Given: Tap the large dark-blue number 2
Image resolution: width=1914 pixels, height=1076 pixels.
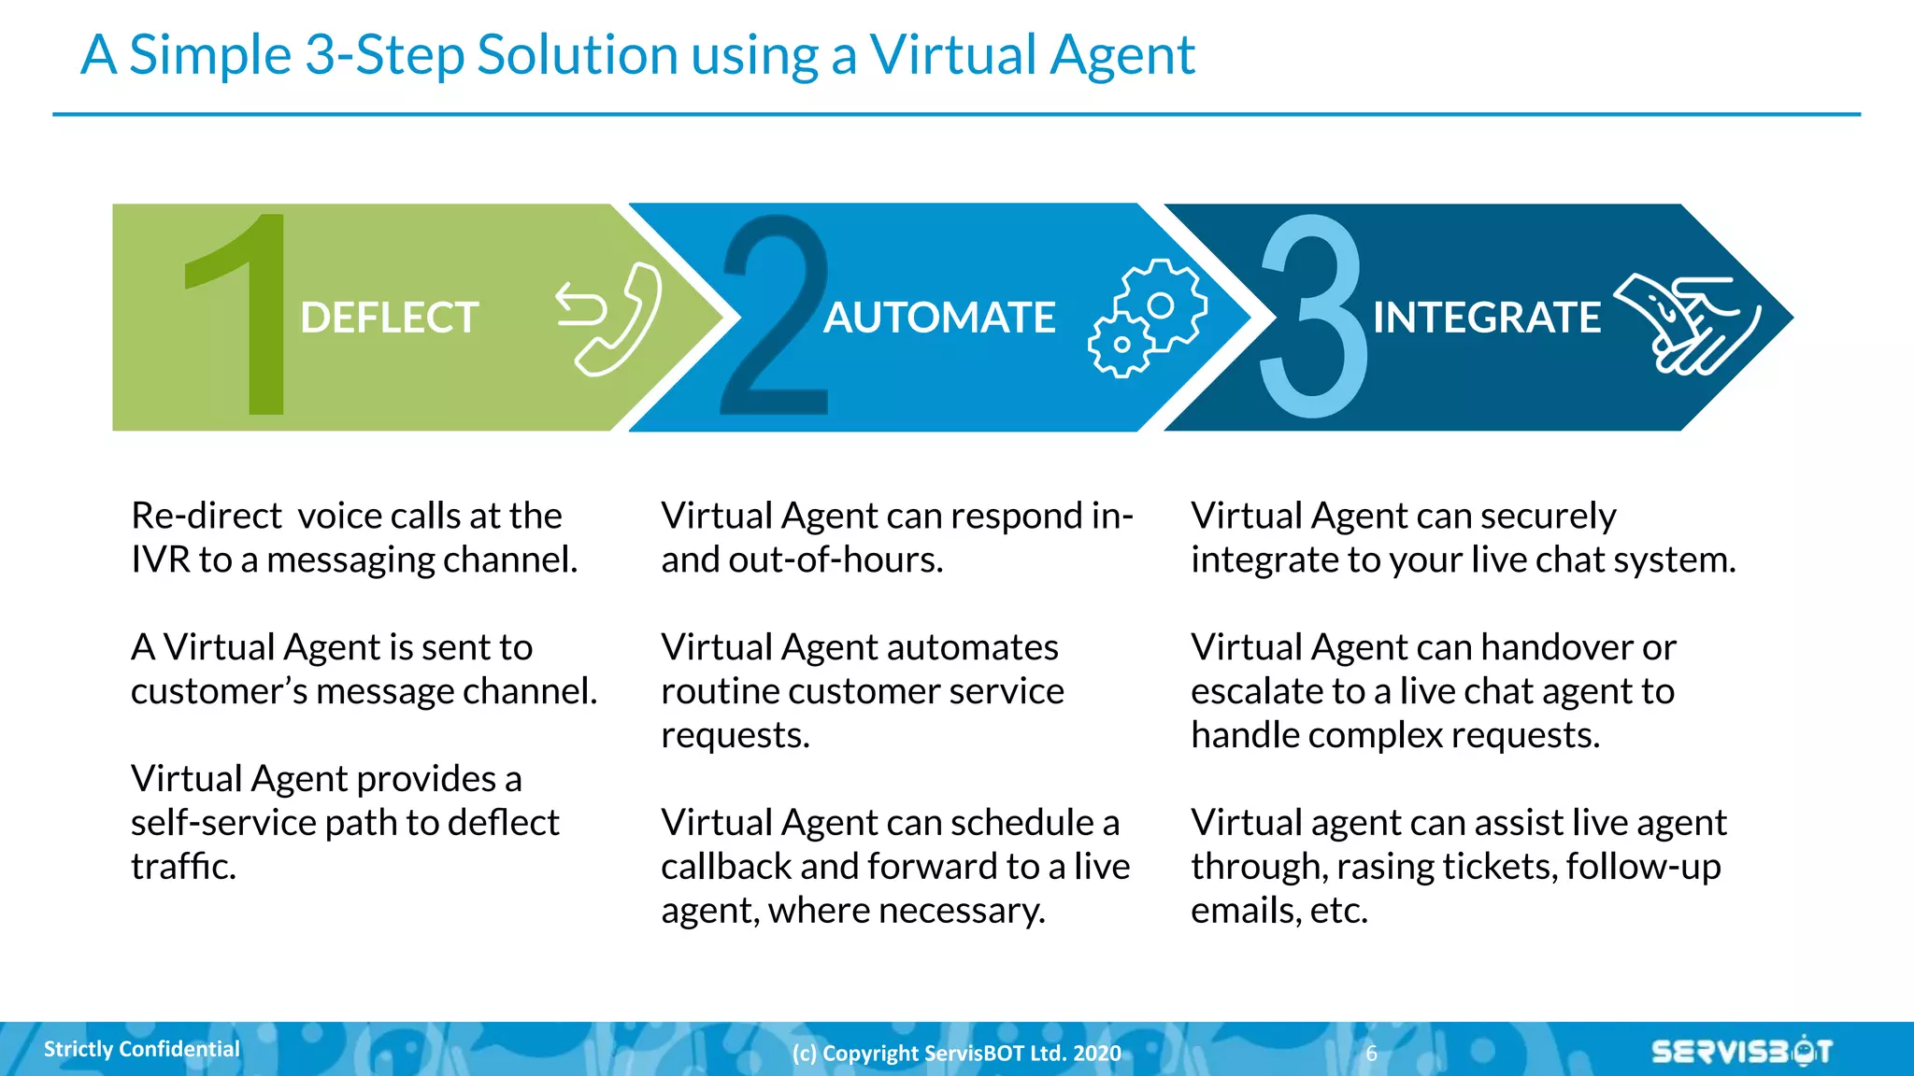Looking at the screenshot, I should point(776,318).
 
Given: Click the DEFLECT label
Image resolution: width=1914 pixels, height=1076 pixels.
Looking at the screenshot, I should point(389,318).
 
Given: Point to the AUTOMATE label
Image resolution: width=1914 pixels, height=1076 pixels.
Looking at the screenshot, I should point(939,318).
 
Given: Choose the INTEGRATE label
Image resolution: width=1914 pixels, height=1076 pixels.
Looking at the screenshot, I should point(1486,318).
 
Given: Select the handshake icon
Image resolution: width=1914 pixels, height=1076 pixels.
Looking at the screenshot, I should point(1687,322).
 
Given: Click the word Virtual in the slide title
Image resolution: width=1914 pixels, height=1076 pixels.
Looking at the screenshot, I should point(953,54).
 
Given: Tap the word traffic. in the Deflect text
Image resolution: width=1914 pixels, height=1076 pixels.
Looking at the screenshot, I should point(183,867).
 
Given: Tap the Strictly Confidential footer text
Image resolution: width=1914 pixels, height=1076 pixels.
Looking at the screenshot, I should point(142,1049).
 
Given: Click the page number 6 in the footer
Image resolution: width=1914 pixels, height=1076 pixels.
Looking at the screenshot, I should point(1371,1054).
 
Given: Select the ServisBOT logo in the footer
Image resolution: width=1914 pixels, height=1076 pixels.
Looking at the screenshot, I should point(1741,1052).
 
